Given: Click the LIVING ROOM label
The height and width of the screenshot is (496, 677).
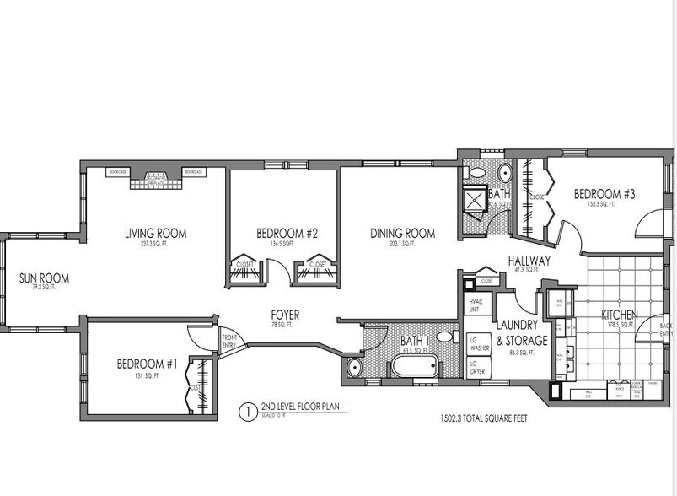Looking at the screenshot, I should tap(155, 233).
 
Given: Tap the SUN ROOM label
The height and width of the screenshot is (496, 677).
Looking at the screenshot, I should tap(44, 278).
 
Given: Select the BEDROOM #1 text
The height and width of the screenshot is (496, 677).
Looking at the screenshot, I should tap(147, 364).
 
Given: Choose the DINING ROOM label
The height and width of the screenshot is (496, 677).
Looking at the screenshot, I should tap(402, 233).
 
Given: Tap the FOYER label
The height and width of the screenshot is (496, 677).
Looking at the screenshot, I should tap(286, 315).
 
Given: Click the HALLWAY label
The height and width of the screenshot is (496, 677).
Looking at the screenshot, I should tap(529, 261).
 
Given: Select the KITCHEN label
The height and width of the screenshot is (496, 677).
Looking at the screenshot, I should tap(619, 315).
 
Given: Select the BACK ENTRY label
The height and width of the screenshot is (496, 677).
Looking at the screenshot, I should tap(666, 329).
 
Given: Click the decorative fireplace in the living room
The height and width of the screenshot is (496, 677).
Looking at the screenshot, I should tap(156, 177).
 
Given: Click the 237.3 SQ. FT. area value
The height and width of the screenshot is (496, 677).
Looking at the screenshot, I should tap(155, 245).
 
